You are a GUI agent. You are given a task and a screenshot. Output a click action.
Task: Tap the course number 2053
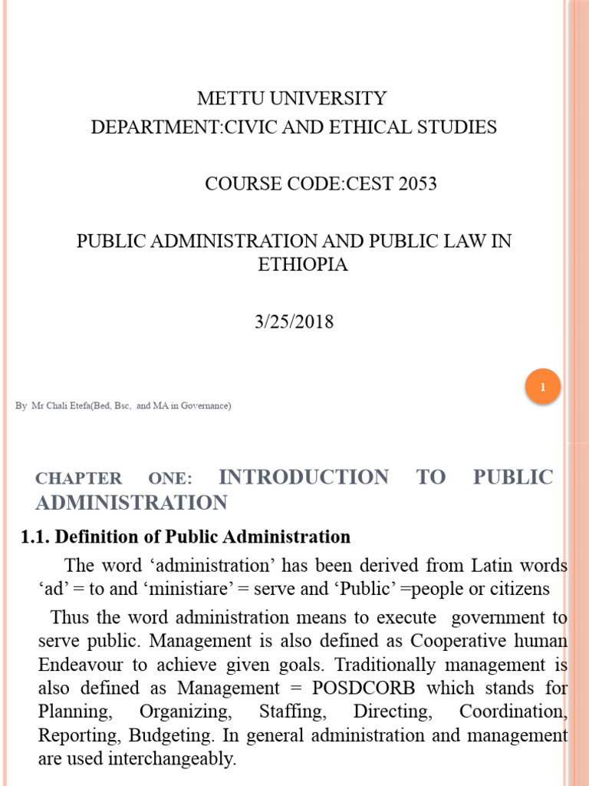[x=416, y=184]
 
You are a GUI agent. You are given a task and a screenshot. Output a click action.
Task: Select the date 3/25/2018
[x=294, y=321]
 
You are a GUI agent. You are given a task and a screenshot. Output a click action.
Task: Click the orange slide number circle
[x=543, y=388]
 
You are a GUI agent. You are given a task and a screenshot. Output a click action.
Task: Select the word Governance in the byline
[x=206, y=405]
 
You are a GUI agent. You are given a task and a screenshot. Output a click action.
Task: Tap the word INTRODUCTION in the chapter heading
[x=304, y=477]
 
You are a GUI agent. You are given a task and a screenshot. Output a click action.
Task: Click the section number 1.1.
[x=35, y=537]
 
